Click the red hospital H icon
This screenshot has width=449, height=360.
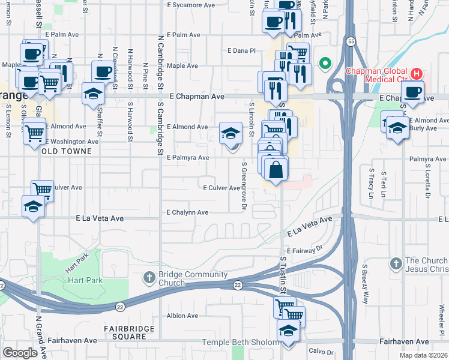(417, 74)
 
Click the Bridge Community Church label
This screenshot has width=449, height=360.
(185, 279)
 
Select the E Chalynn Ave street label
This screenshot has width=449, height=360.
(187, 212)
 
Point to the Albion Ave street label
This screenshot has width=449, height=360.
(182, 316)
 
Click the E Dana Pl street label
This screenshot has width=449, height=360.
(242, 51)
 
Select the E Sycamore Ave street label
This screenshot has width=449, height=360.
(191, 5)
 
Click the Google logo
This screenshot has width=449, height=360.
(20, 353)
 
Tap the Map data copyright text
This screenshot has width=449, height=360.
(424, 356)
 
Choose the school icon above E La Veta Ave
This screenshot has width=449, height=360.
(33, 206)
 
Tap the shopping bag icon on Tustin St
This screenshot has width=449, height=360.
(276, 169)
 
